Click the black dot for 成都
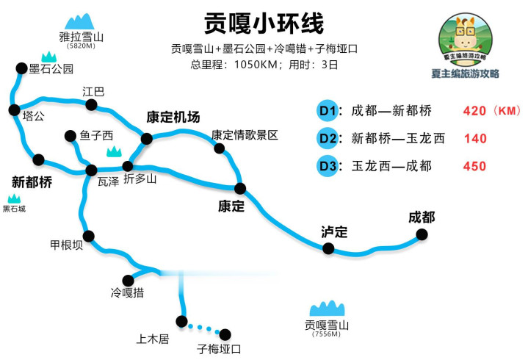click(x=422, y=234)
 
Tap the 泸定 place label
click(x=334, y=232)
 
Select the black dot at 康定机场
click(x=146, y=138)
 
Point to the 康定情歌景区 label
click(x=245, y=135)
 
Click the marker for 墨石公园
click(x=21, y=68)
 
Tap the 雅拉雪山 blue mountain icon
click(x=79, y=21)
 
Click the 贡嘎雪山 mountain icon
click(x=327, y=308)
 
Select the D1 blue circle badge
click(x=328, y=110)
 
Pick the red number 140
click(x=475, y=138)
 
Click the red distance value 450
click(x=475, y=166)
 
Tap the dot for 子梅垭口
click(x=225, y=334)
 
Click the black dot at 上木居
click(x=181, y=321)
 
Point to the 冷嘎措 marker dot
click(x=128, y=281)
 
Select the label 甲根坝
click(x=66, y=245)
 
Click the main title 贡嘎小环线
click(x=264, y=23)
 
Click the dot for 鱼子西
click(x=70, y=136)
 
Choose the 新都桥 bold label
click(x=32, y=182)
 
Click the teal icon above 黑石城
click(x=14, y=198)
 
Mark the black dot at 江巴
click(x=91, y=105)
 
